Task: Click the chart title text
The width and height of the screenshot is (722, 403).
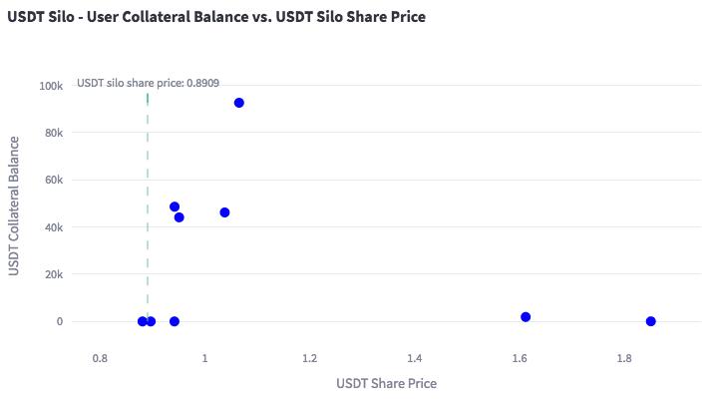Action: coord(216,17)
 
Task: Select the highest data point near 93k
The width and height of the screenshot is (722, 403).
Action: coord(239,103)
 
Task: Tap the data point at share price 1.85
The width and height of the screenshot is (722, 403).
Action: coord(651,321)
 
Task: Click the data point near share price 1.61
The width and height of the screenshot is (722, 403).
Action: coord(526,317)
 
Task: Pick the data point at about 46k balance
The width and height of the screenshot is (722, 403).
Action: coord(224,212)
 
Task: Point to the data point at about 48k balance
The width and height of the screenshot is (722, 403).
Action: coord(175,207)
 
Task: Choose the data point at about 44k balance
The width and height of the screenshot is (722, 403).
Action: coord(180,217)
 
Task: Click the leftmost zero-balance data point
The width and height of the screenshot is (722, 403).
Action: coord(143,321)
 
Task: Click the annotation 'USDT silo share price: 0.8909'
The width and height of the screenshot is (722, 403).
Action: coord(149,83)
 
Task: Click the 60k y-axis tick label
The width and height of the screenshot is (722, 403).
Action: coord(54,181)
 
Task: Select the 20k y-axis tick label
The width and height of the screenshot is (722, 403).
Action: coord(54,274)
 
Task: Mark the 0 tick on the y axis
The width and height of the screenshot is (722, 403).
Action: coord(61,322)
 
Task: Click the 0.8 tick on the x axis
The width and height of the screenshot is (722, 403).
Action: coord(99,357)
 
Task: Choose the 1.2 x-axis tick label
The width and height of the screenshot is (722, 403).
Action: coord(309,357)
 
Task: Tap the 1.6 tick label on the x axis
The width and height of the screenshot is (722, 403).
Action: coord(519,357)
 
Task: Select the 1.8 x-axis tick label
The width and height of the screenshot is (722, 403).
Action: coord(624,357)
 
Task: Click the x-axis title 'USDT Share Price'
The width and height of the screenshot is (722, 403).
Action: coord(386,383)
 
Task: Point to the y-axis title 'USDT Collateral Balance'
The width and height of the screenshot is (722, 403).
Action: coord(15,206)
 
